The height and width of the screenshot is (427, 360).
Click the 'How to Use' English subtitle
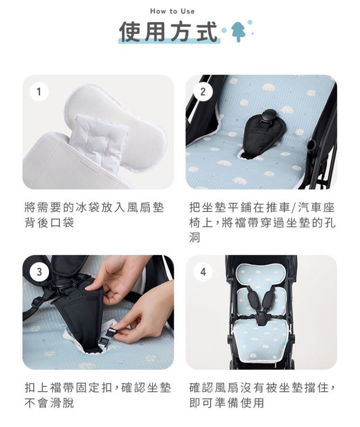pyautogui.click(x=172, y=12)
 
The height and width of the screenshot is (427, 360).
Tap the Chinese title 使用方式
pyautogui.click(x=169, y=32)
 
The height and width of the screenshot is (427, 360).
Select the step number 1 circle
pyautogui.click(x=39, y=92)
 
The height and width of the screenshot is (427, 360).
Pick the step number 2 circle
pyautogui.click(x=203, y=92)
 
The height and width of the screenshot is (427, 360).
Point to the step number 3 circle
pyautogui.click(x=39, y=272)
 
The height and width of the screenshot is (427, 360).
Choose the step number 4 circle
pyautogui.click(x=203, y=272)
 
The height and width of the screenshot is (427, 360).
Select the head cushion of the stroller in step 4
pyautogui.click(x=261, y=276)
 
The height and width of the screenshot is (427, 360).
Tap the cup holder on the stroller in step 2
pyautogui.click(x=311, y=146)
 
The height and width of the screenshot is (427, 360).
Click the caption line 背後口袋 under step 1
pyautogui.click(x=49, y=223)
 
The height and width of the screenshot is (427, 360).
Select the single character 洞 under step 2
pyautogui.click(x=195, y=238)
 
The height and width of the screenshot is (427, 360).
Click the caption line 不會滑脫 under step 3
pyautogui.click(x=49, y=403)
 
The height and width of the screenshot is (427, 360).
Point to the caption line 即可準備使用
pyautogui.click(x=227, y=403)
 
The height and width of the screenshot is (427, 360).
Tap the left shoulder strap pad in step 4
pyautogui.click(x=253, y=299)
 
